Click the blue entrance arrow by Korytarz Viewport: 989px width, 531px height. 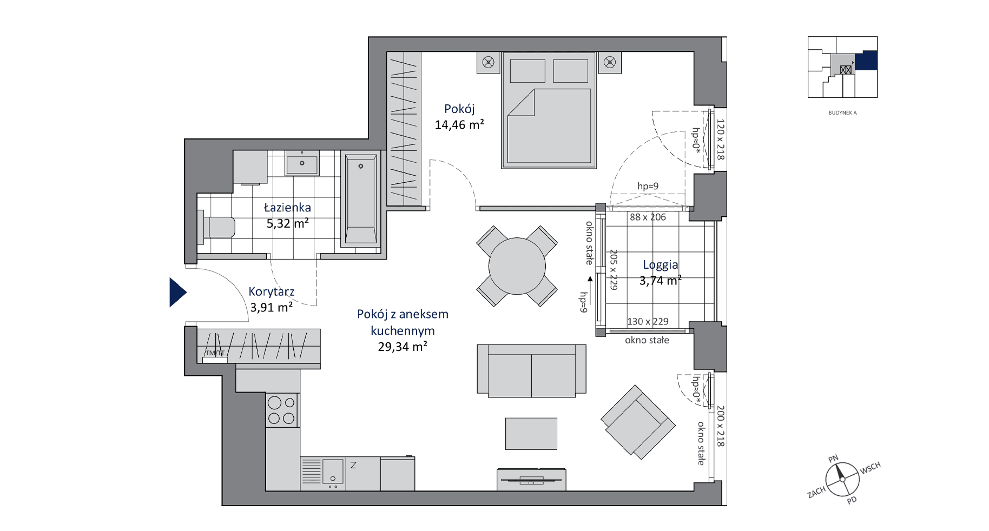click(x=177, y=293)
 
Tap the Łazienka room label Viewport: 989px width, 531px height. click(x=287, y=208)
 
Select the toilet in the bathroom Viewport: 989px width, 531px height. click(x=217, y=227)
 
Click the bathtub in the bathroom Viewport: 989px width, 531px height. click(x=361, y=201)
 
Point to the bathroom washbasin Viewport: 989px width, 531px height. click(x=302, y=163)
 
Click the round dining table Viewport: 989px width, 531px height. click(x=517, y=266)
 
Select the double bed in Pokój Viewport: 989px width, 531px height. click(x=549, y=110)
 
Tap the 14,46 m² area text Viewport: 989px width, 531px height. click(x=459, y=125)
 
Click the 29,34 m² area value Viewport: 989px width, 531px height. click(x=403, y=347)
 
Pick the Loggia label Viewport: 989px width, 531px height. click(x=660, y=265)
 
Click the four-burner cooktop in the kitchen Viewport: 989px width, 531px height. click(x=282, y=410)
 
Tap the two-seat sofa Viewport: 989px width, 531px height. click(x=531, y=371)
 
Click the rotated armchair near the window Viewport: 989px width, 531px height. click(x=638, y=422)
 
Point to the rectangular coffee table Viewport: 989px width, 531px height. click(x=531, y=434)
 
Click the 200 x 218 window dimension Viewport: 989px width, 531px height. click(x=720, y=426)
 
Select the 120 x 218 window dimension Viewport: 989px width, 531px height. click(x=720, y=140)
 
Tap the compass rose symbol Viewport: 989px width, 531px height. click(x=842, y=479)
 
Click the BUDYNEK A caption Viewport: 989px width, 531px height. click(x=842, y=113)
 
